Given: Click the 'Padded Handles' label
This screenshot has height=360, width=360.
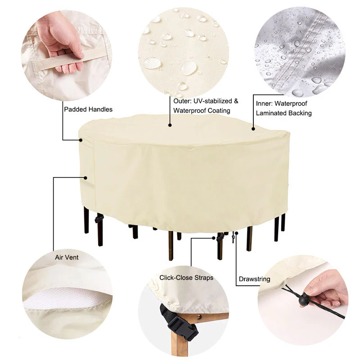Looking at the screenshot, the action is coord(88,109).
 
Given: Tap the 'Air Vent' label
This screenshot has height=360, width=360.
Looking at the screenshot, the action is coord(67,257).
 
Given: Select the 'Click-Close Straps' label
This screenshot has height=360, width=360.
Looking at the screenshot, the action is coord(186,278).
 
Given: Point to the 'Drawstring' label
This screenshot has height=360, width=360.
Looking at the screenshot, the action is coord(254,279).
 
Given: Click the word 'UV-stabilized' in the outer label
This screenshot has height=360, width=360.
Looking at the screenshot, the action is coord(212,101).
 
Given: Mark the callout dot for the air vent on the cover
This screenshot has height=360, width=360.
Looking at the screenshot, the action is coord(85,178).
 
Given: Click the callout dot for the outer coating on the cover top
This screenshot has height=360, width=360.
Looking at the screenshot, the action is coord(170,125).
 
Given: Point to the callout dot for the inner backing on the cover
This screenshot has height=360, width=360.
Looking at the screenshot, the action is coord(253,129).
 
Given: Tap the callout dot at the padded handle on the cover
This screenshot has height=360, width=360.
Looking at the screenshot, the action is coord(81,140).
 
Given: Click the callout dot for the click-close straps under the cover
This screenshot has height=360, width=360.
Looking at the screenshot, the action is coord(214,238).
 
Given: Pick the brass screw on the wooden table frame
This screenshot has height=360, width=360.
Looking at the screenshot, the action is coord(199,317).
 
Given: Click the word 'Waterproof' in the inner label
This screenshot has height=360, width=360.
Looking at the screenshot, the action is coord(291,104).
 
